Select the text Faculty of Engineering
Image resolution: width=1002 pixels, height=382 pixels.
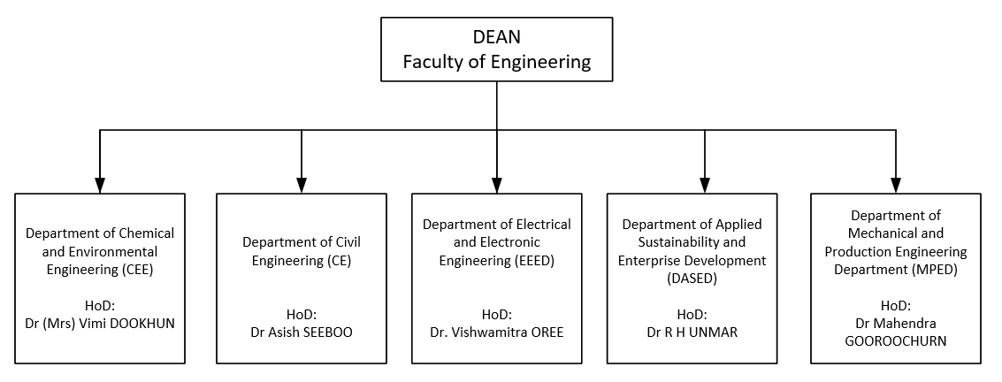[x=496, y=62]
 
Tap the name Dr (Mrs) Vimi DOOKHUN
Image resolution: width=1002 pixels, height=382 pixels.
[x=100, y=323]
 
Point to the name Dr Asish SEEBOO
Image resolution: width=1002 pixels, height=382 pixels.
[x=302, y=332]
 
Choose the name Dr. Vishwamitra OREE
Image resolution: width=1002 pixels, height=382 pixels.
[x=496, y=332]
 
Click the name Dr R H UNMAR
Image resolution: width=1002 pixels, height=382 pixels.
[x=704, y=332]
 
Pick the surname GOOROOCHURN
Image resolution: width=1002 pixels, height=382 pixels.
[x=895, y=340]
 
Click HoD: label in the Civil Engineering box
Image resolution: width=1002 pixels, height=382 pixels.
[x=302, y=314]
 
